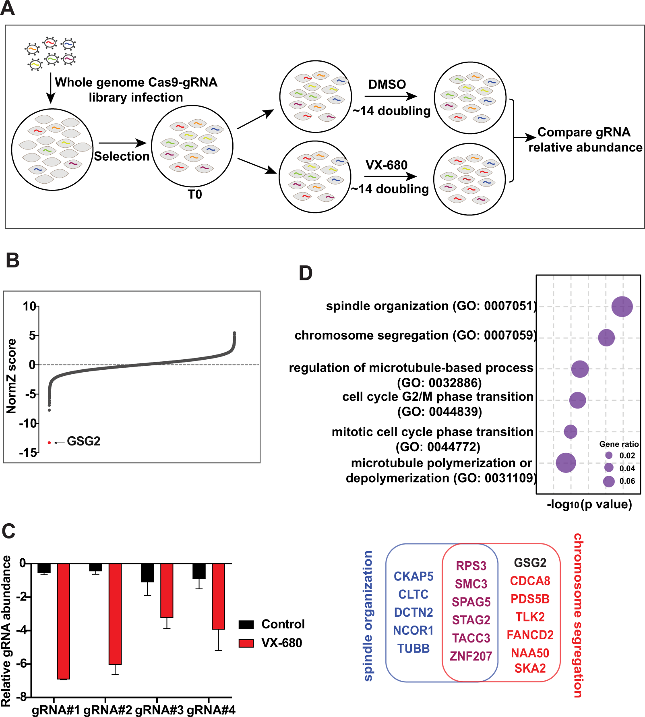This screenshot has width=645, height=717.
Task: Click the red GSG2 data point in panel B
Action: point(49,443)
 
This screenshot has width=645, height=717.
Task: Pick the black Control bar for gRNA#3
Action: point(147,572)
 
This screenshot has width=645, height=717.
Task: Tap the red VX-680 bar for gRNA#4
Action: point(218,596)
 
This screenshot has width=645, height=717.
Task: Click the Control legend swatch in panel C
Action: point(246,624)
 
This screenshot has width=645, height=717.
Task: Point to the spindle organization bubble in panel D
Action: point(622,307)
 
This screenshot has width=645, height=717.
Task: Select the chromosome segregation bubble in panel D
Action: point(606,338)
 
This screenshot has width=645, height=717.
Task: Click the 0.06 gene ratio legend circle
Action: point(609,481)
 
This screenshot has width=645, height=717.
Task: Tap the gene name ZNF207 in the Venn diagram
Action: point(471,656)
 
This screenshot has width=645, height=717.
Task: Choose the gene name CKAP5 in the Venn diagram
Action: point(413,576)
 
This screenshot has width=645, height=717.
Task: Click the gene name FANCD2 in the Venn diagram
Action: point(530,635)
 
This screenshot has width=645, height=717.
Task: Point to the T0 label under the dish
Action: point(195,195)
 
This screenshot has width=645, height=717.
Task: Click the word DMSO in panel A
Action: point(387,85)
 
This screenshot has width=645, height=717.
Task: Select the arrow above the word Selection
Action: point(122,143)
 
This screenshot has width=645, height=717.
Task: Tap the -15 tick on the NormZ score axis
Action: point(29,452)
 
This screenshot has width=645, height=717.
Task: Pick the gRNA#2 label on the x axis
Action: point(107,710)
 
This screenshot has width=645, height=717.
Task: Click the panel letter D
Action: point(306,273)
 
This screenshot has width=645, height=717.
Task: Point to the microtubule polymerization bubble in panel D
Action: point(566,463)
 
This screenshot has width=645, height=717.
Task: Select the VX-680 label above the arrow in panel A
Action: point(386,165)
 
